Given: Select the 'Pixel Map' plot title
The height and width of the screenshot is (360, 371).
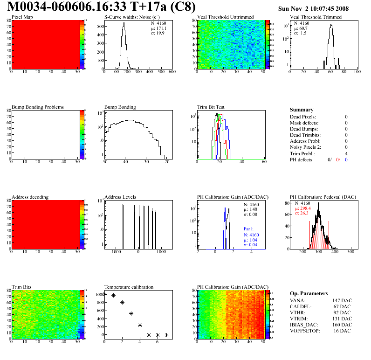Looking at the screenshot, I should [x=22, y=17].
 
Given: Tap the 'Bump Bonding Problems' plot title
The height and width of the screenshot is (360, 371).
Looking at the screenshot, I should [x=37, y=107].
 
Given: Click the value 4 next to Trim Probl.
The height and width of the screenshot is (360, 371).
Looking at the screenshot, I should [x=346, y=153].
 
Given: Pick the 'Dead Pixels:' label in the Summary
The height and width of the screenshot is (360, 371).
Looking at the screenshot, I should [x=302, y=117].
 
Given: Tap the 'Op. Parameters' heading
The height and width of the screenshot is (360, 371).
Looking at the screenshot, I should [x=309, y=293].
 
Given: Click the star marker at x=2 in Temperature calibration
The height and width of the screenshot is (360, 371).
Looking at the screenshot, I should [x=122, y=302].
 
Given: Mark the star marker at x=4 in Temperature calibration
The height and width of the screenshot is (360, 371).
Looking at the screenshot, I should [x=140, y=325].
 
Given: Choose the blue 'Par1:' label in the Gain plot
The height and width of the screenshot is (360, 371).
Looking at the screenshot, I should [x=249, y=229].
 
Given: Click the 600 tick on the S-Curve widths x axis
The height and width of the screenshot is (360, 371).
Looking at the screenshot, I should [x=172, y=72].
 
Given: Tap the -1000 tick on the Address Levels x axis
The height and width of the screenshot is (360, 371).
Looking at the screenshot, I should [x=115, y=251].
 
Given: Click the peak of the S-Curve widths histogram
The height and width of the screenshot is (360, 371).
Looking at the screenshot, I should [x=124, y=24].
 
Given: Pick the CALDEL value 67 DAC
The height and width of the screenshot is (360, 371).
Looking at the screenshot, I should [x=343, y=307].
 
